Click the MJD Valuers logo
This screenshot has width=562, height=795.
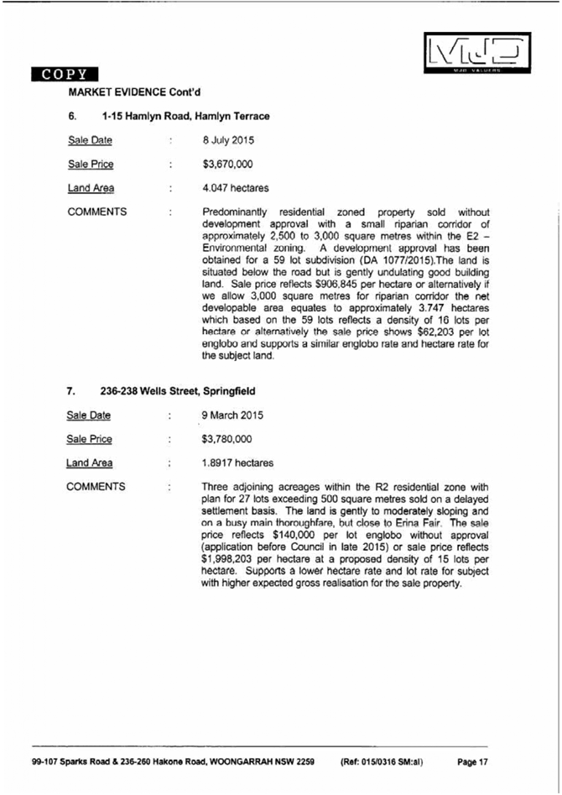(476, 53)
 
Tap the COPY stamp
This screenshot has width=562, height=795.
(65, 74)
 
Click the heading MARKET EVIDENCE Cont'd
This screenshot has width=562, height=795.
(134, 91)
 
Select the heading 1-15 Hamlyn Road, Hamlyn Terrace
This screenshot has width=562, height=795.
(185, 116)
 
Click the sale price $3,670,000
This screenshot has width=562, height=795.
(228, 165)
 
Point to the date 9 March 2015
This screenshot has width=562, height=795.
(232, 415)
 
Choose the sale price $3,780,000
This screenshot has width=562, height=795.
(227, 439)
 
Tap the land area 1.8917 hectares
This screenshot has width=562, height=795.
(237, 463)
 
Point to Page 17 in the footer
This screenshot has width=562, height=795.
(472, 762)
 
